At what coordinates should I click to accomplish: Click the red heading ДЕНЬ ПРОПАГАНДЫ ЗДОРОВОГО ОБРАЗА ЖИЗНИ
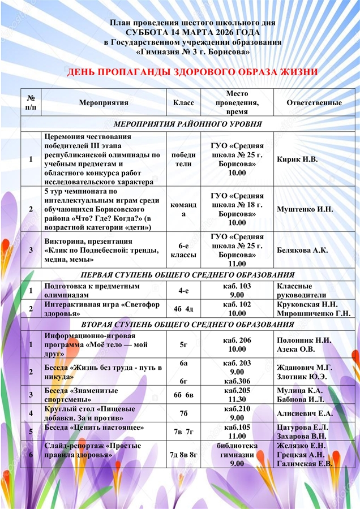[192, 72]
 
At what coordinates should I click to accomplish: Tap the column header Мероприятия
[104, 103]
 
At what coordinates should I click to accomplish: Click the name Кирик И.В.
[297, 159]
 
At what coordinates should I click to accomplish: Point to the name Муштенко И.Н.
[305, 209]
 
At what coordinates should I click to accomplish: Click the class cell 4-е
[183, 291]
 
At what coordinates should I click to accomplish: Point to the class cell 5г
[183, 344]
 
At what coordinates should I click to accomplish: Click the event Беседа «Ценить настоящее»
[95, 428]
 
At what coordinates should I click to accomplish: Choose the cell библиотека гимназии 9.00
[237, 455]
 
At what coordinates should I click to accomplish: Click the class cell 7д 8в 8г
[183, 455]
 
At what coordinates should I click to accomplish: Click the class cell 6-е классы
[183, 250]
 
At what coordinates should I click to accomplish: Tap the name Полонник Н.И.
[304, 340]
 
